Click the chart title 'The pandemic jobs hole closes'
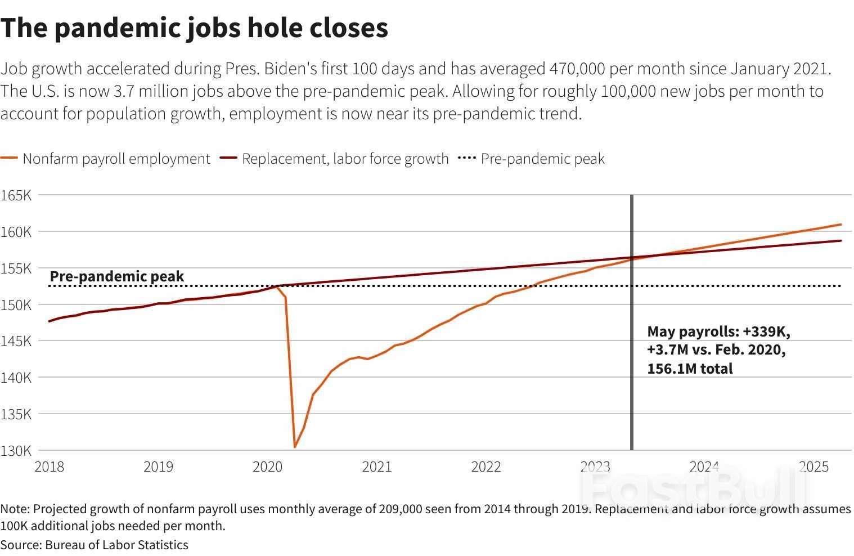[194, 28]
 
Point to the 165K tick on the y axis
[16, 195]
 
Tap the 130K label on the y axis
[16, 450]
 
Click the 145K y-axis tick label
[16, 341]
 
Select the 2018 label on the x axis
[49, 467]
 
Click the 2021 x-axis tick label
[376, 467]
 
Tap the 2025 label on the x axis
[813, 467]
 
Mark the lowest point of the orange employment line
[295, 447]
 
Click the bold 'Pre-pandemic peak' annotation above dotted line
[117, 276]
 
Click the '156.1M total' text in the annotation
[690, 369]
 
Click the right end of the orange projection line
[840, 225]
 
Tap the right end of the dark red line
[840, 241]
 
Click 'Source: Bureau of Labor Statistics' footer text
[95, 545]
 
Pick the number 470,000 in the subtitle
[577, 69]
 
